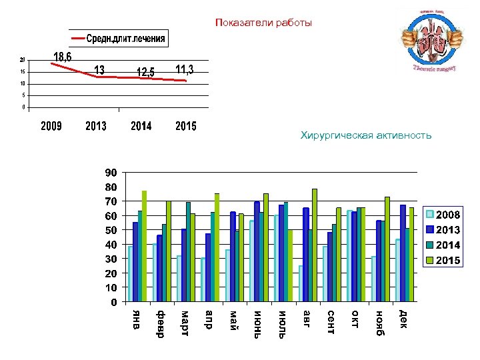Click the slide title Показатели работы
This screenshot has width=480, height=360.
[x=263, y=23]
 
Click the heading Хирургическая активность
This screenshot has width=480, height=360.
[x=366, y=136]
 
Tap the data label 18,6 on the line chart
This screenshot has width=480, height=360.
[x=63, y=56]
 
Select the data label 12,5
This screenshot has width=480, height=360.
[x=145, y=71]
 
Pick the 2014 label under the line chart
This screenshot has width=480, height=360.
[x=141, y=127]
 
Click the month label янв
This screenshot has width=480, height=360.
[x=136, y=319]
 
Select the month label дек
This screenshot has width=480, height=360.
[x=403, y=319]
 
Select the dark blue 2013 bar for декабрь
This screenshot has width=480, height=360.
[x=403, y=253]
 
